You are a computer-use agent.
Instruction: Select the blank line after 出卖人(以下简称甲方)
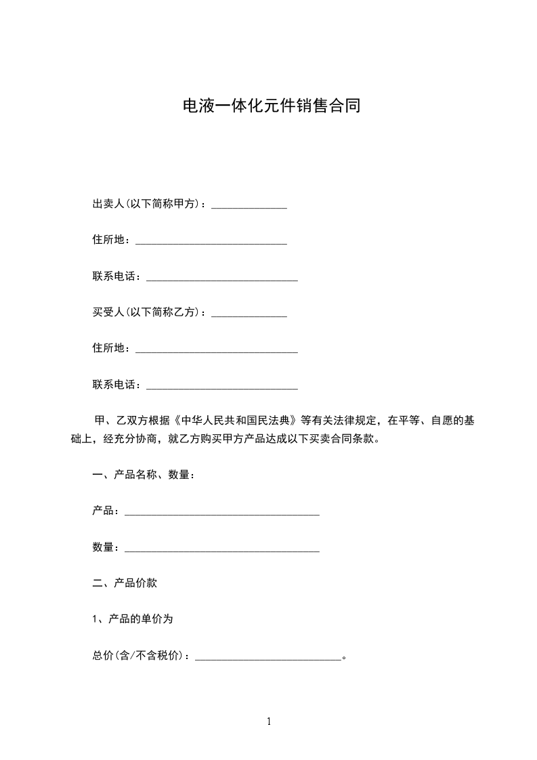click(x=249, y=206)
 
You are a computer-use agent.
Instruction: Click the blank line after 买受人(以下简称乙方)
click(x=249, y=314)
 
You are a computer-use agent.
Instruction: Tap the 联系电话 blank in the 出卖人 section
click(x=222, y=278)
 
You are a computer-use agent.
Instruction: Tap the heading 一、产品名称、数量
click(x=144, y=475)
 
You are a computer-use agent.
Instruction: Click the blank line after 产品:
click(x=222, y=513)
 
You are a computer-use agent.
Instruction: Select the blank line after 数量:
click(x=222, y=549)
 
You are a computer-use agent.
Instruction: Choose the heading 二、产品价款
click(x=125, y=583)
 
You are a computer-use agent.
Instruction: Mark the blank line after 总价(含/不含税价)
click(x=267, y=657)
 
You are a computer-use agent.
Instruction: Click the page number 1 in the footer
click(x=269, y=721)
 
